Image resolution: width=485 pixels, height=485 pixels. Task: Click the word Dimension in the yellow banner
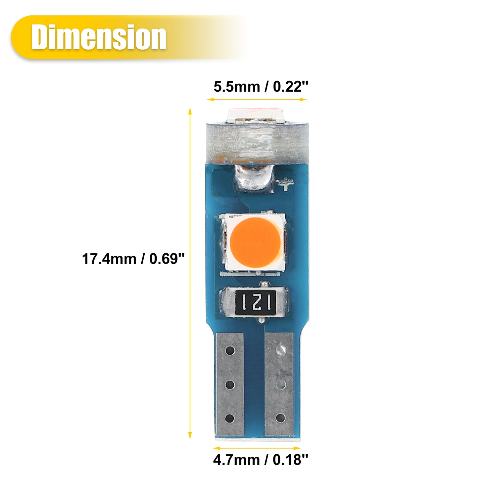(99, 37)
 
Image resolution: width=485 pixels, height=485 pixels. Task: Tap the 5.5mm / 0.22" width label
(261, 87)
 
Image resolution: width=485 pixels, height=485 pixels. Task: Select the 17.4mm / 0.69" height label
(133, 259)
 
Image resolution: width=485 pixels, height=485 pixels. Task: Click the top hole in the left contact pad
(230, 351)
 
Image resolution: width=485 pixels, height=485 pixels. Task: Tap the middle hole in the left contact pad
(230, 385)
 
